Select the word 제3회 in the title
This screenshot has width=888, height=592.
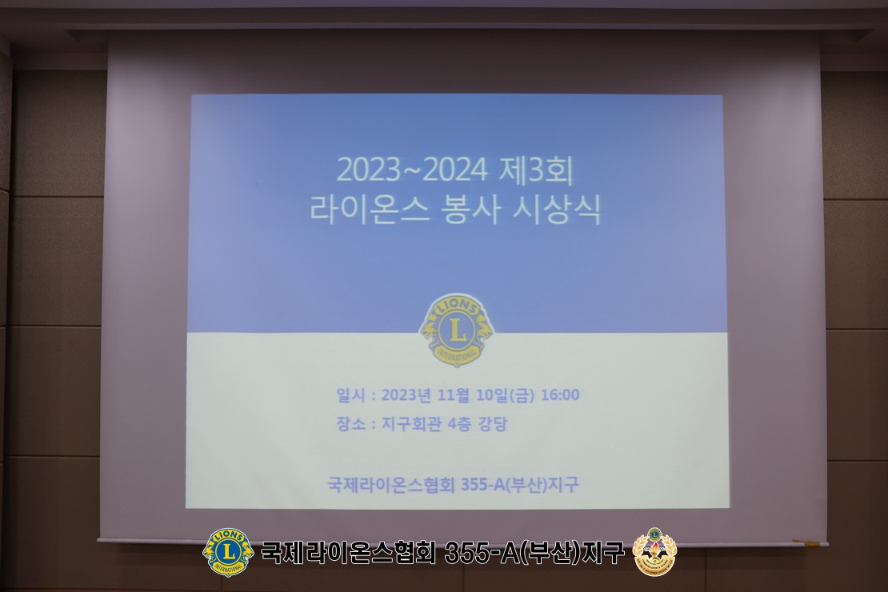[537, 170]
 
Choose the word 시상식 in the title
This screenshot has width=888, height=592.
[556, 210]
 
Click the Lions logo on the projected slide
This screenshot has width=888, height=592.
[456, 330]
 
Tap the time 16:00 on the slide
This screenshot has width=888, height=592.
[560, 395]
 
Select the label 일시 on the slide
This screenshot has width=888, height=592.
[350, 395]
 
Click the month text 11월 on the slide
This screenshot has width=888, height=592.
[454, 395]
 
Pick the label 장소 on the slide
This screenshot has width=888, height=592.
[350, 424]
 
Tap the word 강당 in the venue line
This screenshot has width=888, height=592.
[493, 424]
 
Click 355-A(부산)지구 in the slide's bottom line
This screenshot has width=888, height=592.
[520, 484]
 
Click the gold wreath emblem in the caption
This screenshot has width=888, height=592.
[654, 551]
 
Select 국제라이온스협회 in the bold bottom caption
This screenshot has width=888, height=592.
[348, 552]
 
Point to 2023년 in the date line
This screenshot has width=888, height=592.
[406, 395]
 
